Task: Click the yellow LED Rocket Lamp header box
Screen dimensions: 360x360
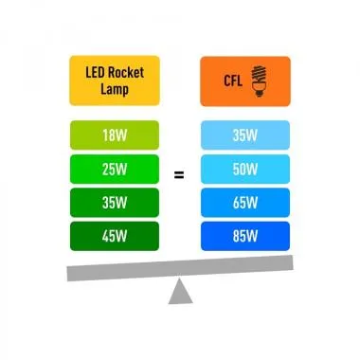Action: [x=113, y=81]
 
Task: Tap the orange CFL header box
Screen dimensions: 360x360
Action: [x=244, y=81]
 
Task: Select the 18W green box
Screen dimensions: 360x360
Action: [x=113, y=136]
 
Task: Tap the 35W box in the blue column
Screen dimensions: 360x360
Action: [x=244, y=136]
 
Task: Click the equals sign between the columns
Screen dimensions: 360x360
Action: [x=179, y=174]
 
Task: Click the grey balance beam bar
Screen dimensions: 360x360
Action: [x=179, y=272]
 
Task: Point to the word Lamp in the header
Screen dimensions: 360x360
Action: [x=113, y=90]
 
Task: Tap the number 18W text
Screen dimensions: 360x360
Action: [x=113, y=136]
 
